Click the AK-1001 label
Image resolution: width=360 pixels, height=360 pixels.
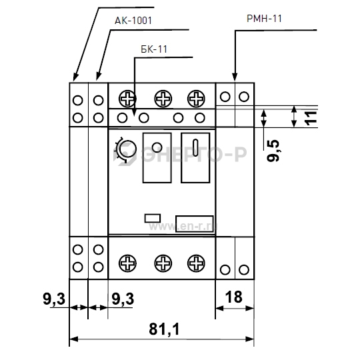coord(133,21)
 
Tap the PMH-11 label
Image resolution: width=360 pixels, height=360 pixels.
coord(264,19)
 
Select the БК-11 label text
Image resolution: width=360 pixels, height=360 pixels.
coord(154,49)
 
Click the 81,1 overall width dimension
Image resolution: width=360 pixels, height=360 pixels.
coord(164,329)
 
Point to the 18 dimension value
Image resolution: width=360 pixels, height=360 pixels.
coord(234,297)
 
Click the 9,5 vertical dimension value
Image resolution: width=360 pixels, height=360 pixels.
coord(273,151)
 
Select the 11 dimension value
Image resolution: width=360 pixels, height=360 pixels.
coord(311,119)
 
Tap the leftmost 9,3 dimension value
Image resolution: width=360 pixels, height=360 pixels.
coord(54,299)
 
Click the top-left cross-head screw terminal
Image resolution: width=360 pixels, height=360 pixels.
coord(127,99)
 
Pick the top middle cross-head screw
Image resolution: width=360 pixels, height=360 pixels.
coord(163,99)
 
